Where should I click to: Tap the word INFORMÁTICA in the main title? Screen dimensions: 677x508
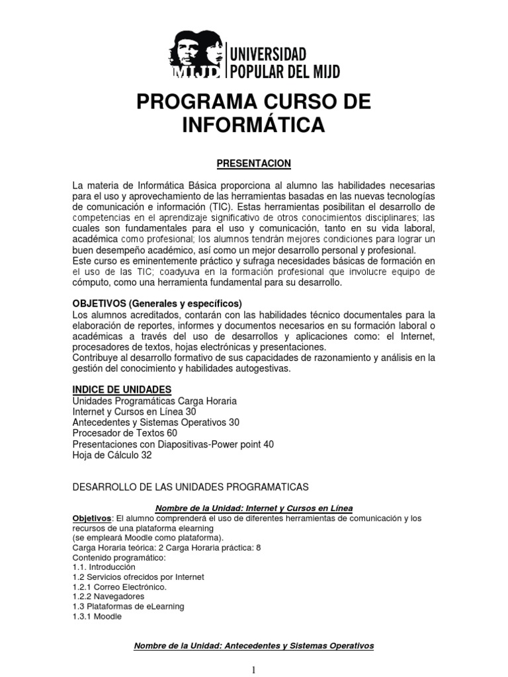254,125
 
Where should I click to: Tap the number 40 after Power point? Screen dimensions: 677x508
268,444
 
